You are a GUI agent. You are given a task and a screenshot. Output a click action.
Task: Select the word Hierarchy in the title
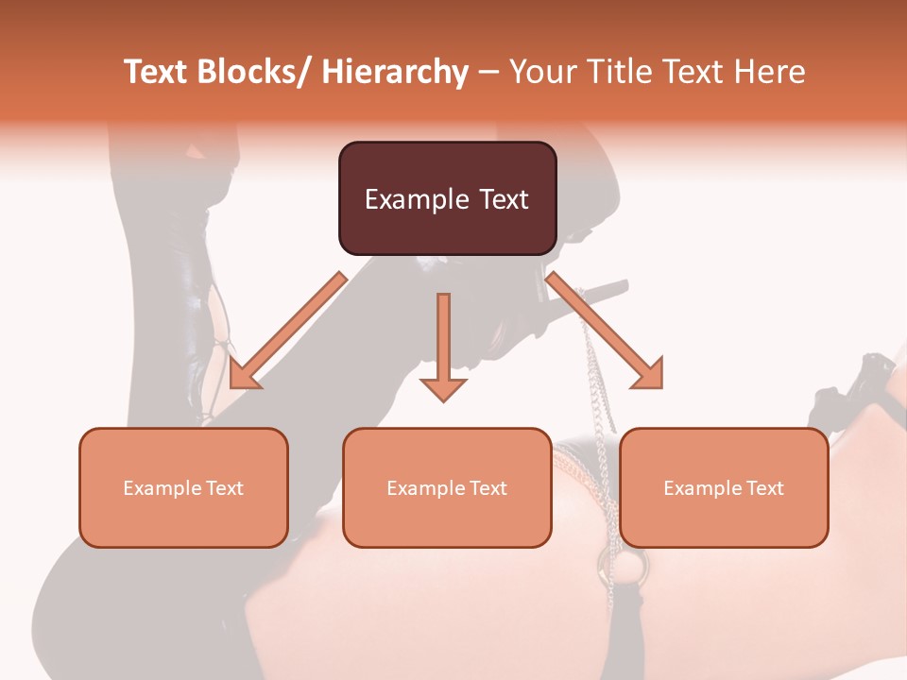395,72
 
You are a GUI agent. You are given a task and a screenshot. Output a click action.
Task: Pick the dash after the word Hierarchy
488,74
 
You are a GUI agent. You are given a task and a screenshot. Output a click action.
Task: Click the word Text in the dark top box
503,199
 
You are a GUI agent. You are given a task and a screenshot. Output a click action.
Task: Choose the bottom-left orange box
183,487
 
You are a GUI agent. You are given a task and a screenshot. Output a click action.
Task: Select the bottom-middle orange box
447,487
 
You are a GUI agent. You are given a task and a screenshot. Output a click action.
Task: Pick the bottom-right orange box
724,487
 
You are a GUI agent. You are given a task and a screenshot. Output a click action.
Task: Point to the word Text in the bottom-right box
763,488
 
